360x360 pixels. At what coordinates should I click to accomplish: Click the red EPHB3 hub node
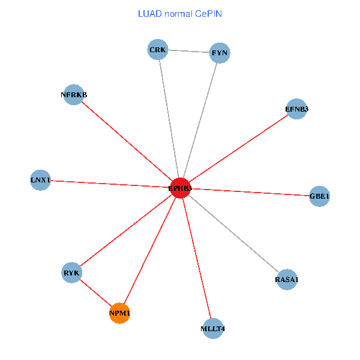[180, 188]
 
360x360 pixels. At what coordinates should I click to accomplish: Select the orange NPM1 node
[120, 313]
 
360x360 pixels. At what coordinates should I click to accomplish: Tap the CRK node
[158, 49]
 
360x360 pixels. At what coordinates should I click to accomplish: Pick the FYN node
[220, 53]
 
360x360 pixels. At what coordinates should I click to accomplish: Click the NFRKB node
[73, 94]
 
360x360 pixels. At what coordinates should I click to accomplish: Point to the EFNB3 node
[297, 109]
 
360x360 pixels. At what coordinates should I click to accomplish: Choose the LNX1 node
[41, 180]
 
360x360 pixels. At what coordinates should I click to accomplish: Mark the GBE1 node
[319, 196]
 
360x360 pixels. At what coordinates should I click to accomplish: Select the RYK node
[71, 273]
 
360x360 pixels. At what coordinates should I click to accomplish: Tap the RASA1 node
[287, 280]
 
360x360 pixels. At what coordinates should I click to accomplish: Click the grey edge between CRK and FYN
[188, 51]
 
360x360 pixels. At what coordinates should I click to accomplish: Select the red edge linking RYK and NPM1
[96, 293]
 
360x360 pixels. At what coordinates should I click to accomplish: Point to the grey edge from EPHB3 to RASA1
[234, 234]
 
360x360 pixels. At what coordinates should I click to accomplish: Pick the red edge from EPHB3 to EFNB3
[239, 148]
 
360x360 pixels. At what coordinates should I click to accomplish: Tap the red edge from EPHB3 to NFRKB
[127, 141]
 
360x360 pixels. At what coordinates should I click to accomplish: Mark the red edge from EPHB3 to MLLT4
[197, 258]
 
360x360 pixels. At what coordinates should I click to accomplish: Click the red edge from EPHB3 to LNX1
[110, 184]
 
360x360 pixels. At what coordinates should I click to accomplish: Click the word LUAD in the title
[149, 13]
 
